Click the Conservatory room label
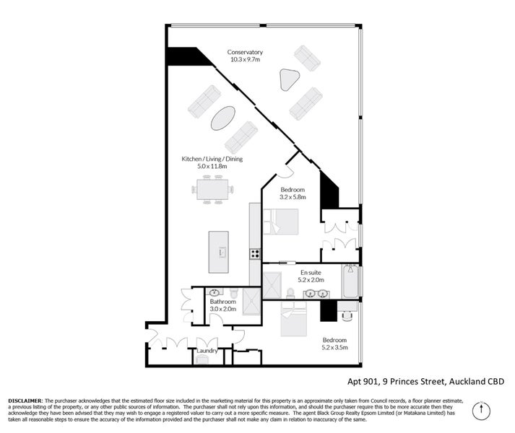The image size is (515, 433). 245,56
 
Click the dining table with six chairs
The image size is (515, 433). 214,191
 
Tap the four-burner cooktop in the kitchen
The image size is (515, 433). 255,253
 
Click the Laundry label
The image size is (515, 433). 207,351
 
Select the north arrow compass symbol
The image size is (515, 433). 477,411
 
